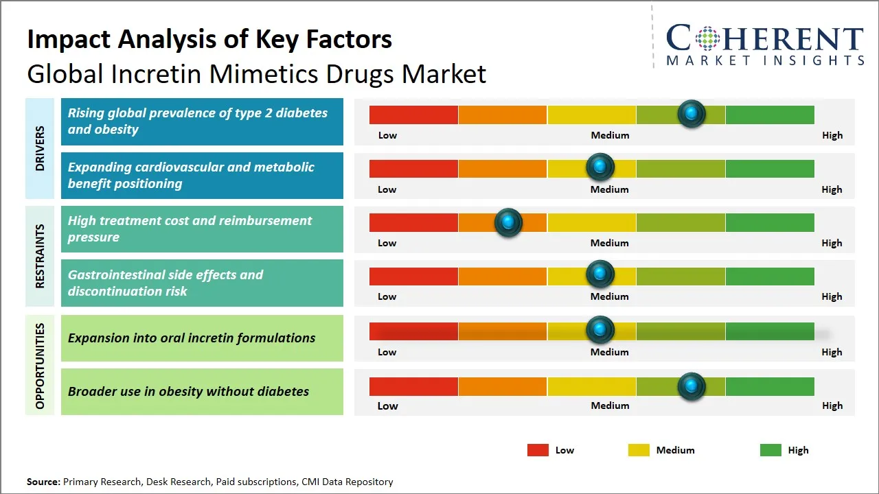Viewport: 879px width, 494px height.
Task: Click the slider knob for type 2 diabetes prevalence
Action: point(692,113)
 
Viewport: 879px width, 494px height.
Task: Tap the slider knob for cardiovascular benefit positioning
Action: point(600,167)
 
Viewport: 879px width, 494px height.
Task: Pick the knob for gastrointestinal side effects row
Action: point(600,274)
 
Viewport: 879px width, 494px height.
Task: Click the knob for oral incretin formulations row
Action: point(600,330)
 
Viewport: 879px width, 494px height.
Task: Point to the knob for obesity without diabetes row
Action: point(692,386)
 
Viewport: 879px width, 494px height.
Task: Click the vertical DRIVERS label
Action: point(40,148)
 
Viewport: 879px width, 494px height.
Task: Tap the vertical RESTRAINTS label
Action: point(40,256)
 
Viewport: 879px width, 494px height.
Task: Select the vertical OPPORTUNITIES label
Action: point(40,366)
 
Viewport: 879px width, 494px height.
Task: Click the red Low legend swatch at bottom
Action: point(538,450)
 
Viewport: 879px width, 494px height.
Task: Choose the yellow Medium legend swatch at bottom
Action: point(639,450)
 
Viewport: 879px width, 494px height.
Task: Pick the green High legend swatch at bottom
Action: point(770,450)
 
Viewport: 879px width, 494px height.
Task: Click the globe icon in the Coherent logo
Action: point(707,38)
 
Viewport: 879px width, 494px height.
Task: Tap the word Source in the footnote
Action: point(43,482)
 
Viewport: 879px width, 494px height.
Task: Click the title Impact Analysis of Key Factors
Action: point(209,39)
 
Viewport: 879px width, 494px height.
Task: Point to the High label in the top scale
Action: point(832,135)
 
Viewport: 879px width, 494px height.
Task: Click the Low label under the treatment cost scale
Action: point(387,243)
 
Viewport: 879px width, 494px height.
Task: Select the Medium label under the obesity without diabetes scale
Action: point(610,405)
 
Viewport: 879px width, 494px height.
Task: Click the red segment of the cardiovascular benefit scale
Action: point(413,169)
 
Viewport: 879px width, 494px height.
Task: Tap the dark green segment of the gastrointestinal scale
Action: point(769,277)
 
